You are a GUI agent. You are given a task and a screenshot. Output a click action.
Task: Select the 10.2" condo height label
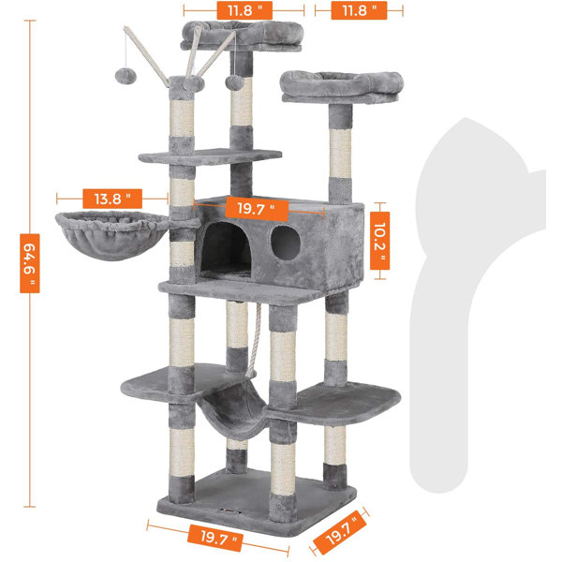point(378,235)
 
